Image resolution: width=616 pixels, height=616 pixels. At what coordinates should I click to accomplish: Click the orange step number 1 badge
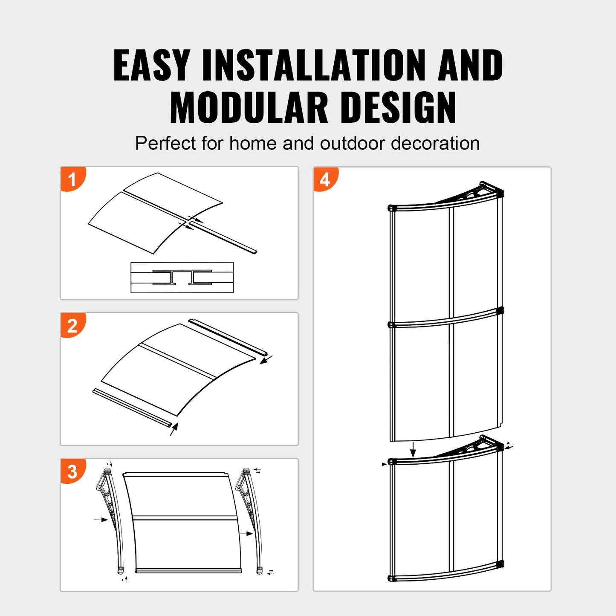tap(72, 179)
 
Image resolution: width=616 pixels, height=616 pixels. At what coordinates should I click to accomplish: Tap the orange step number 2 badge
tap(72, 326)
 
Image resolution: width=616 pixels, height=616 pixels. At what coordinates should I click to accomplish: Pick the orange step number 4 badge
tap(325, 179)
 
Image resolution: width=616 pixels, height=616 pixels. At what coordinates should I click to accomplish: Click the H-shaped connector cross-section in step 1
tap(182, 278)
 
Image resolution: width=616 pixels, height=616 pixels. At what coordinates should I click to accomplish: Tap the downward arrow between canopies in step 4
tap(413, 449)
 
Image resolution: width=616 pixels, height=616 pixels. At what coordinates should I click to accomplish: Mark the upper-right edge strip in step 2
tap(228, 336)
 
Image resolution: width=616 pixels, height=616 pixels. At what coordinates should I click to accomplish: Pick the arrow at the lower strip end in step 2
tap(174, 429)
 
